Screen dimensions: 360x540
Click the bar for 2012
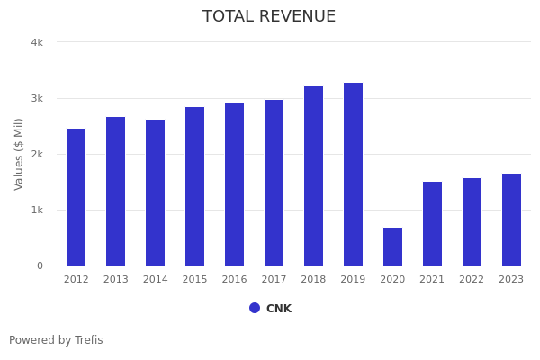(76, 197)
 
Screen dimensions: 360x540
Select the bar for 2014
(156, 193)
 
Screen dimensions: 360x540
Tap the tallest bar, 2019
(353, 175)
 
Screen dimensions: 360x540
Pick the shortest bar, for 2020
(392, 247)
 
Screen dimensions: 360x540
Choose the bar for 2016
(234, 184)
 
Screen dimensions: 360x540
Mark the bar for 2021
(432, 224)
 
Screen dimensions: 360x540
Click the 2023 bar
(511, 220)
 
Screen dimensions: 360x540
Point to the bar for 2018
(313, 176)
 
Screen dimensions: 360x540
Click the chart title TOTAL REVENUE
(269, 17)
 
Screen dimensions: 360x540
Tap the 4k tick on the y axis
(37, 42)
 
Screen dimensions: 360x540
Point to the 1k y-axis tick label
(37, 210)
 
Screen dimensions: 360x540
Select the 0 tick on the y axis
(40, 265)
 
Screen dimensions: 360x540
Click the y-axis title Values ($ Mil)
(19, 154)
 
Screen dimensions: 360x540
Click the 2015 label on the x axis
(194, 280)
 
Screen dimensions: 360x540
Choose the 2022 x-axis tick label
(472, 280)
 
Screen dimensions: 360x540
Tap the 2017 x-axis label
(274, 280)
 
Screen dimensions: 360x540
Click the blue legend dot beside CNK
(255, 308)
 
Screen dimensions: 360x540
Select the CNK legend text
(279, 309)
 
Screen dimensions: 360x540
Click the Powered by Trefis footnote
(56, 340)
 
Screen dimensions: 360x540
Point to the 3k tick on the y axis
(37, 98)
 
